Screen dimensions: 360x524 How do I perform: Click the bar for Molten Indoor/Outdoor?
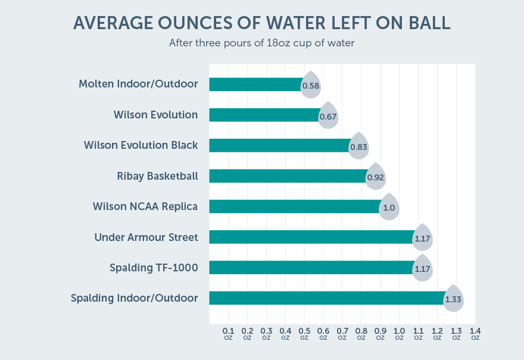(255, 84)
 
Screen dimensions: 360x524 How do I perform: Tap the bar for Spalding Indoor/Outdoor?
(326, 298)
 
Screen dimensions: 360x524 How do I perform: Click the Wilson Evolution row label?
(155, 115)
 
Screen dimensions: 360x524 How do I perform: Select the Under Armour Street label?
(146, 237)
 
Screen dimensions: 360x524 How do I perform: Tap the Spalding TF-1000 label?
(154, 268)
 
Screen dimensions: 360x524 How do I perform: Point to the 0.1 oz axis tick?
(228, 333)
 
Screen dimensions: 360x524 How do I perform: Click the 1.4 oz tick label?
(475, 333)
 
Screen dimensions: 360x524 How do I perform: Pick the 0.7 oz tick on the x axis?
(342, 333)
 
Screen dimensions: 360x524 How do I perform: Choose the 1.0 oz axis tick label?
(399, 333)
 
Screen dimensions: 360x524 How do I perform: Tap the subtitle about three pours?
(261, 43)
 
